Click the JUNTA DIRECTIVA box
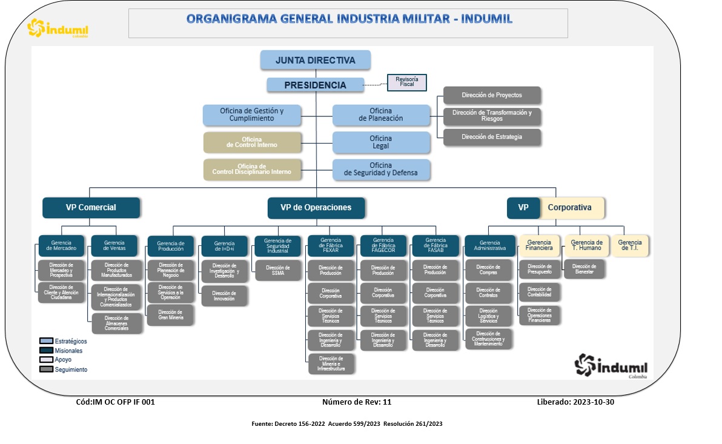(316, 60)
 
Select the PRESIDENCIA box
(316, 85)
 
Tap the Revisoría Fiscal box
(407, 82)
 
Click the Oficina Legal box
(381, 142)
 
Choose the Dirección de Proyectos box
(492, 95)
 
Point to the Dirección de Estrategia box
(492, 137)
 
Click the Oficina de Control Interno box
(252, 142)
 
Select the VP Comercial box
(91, 207)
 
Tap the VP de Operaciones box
(316, 207)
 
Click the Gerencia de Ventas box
(114, 245)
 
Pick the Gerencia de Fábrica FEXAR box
(331, 246)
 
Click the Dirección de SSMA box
(277, 270)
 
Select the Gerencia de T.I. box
(630, 245)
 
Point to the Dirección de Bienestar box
(584, 269)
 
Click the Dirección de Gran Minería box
(170, 314)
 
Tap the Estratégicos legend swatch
(46, 341)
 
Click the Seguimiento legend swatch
(46, 369)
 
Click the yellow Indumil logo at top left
(58, 28)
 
